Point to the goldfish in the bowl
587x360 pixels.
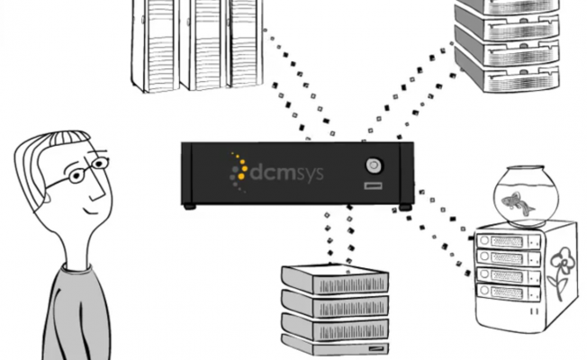(521, 201)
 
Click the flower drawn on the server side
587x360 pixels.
(560, 270)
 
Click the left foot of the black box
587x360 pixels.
(189, 206)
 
